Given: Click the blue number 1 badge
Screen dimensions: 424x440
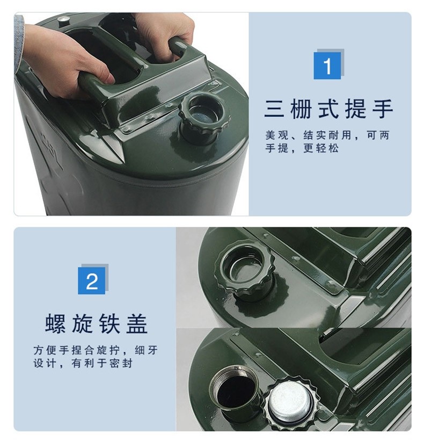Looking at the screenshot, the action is pos(327,66).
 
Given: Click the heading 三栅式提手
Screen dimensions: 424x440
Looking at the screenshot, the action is pos(328,109).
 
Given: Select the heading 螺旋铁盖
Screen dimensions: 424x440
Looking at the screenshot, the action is pos(96,323).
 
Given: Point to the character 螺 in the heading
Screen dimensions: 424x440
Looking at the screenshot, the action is pos(55,323).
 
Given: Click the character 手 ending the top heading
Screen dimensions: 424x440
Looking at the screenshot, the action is pos(383,109).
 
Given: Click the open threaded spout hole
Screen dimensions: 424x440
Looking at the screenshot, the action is pos(236,390).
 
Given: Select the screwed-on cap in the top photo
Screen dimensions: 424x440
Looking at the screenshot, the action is pos(204,117).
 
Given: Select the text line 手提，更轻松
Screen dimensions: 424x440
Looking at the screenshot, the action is pos(302,148).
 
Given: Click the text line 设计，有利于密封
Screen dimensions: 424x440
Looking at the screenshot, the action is pos(83,363).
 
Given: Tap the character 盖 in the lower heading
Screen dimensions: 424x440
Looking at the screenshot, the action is pos(137,323).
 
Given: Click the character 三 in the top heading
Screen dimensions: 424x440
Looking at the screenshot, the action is pos(274,109).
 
